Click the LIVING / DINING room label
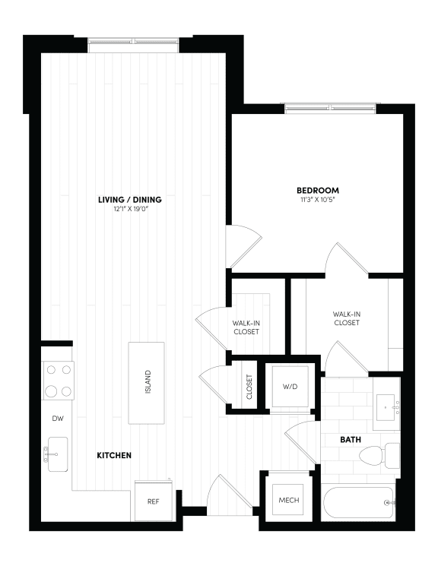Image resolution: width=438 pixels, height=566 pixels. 129,200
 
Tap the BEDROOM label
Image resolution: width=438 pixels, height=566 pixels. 318,190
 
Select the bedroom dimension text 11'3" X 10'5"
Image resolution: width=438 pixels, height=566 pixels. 318,201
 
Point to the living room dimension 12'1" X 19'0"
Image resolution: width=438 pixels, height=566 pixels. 129,210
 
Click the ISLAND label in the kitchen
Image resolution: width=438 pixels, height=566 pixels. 147,382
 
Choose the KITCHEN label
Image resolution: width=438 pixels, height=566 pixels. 114,455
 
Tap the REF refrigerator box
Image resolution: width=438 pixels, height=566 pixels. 152,500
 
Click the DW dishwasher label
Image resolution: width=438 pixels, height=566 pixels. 57,419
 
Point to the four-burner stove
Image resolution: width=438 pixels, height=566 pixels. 58,381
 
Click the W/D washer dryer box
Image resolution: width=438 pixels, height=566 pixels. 290,386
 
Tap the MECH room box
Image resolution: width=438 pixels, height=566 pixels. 287,501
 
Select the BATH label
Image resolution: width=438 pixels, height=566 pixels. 351,439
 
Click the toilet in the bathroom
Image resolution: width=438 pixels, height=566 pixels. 378,456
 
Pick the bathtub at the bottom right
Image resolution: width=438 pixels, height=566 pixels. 358,503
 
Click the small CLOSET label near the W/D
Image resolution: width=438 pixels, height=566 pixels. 249,387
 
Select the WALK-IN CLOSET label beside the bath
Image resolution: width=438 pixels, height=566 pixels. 346,318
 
